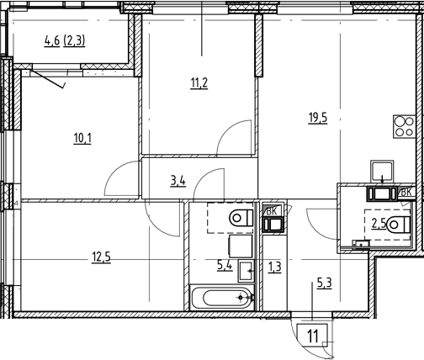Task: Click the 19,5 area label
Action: click(x=318, y=118)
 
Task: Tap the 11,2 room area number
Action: click(x=199, y=83)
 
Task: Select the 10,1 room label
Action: click(x=82, y=138)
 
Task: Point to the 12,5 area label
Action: click(x=101, y=257)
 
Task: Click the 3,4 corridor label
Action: click(x=178, y=181)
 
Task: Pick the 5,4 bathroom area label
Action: click(x=225, y=265)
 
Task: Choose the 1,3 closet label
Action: click(x=275, y=267)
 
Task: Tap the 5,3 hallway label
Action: click(x=325, y=283)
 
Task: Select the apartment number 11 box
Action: click(x=312, y=336)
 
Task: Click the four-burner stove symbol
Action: click(x=404, y=126)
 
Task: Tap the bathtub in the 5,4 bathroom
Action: click(x=222, y=298)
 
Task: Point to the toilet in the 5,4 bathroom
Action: click(x=241, y=218)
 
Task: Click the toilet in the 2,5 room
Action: click(x=399, y=225)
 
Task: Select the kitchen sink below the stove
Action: click(x=382, y=170)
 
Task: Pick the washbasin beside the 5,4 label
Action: click(x=246, y=271)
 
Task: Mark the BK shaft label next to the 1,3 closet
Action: click(x=271, y=211)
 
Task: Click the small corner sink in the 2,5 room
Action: click(x=361, y=244)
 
